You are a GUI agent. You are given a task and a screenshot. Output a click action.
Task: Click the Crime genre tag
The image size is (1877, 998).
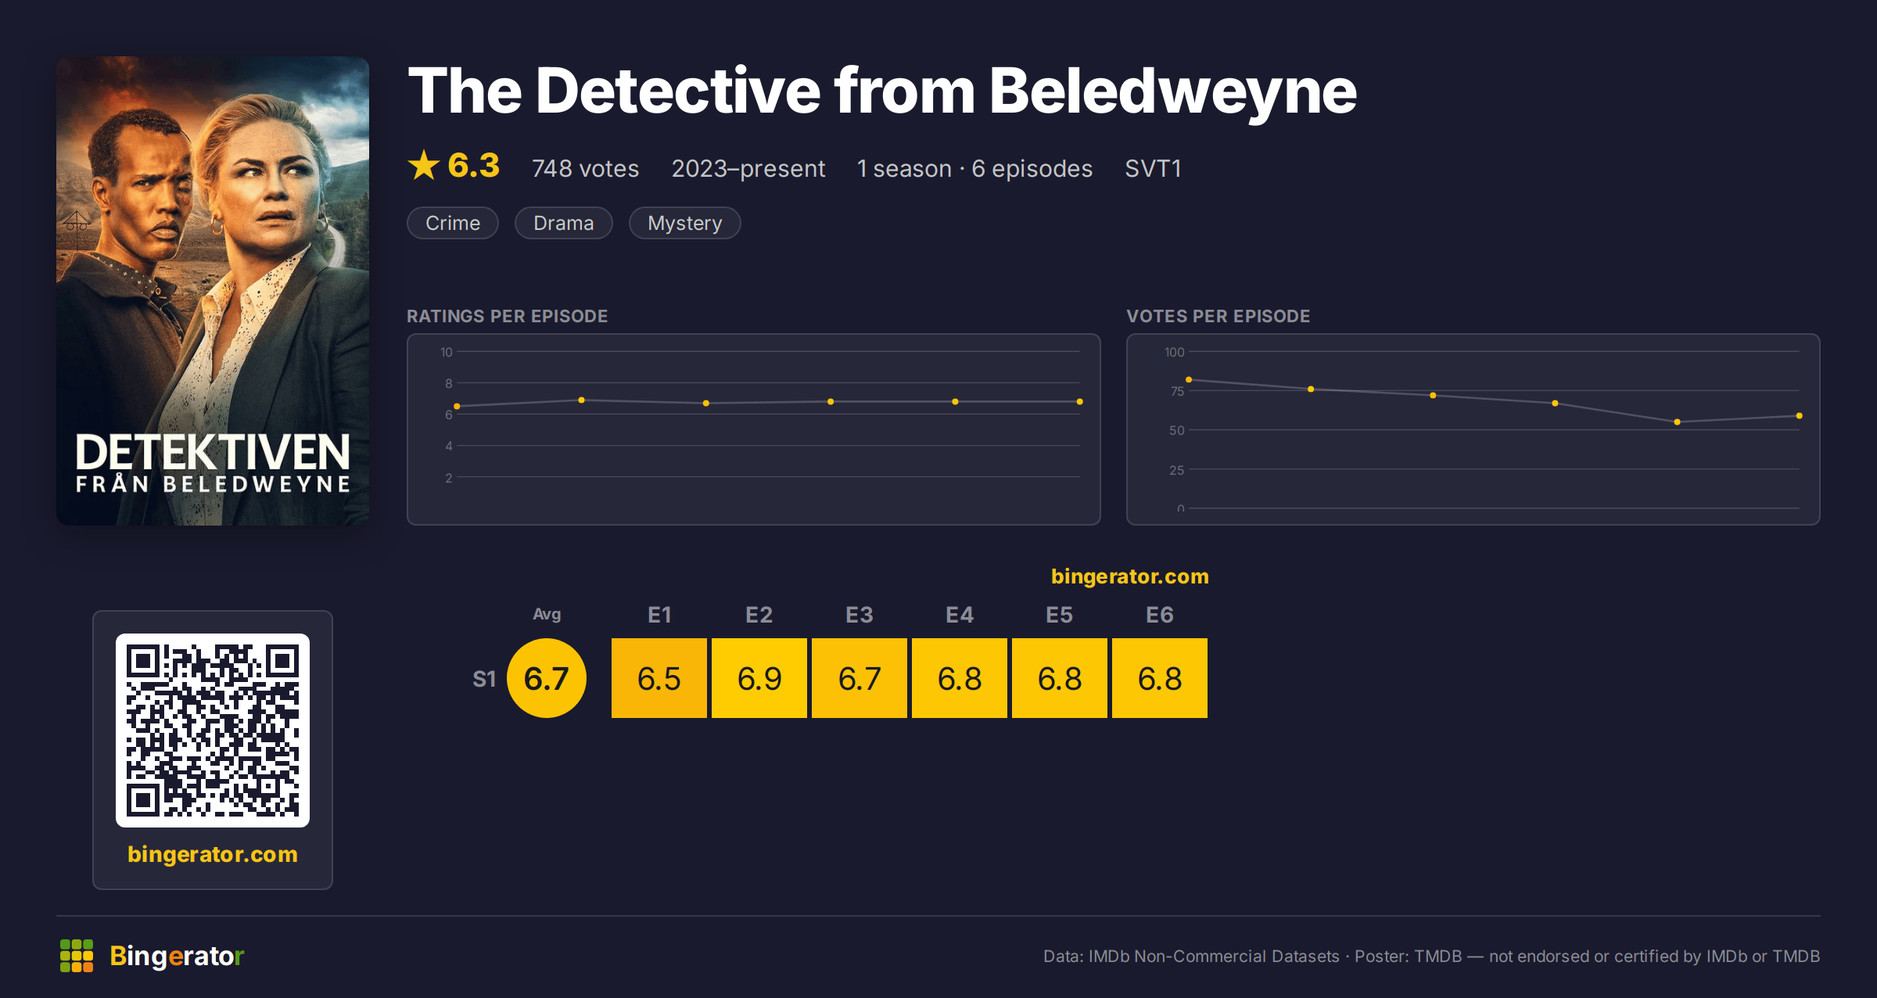pyautogui.click(x=453, y=223)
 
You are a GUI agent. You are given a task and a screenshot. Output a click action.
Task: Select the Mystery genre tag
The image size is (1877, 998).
pyautogui.click(x=684, y=223)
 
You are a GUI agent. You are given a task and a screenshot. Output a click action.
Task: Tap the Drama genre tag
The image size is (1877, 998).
pyautogui.click(x=563, y=223)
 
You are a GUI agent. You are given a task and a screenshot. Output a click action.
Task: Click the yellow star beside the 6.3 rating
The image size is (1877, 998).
pyautogui.click(x=424, y=165)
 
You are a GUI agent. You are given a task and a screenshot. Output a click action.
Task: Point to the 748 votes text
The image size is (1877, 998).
pyautogui.click(x=585, y=168)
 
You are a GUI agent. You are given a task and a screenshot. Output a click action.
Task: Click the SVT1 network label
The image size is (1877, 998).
pyautogui.click(x=1153, y=168)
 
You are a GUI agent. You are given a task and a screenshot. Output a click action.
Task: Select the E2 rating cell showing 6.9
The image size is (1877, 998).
pyautogui.click(x=759, y=678)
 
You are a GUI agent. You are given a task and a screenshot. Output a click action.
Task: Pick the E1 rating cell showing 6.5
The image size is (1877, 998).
pyautogui.click(x=659, y=678)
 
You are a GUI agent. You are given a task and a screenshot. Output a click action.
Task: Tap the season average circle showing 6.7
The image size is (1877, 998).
pyautogui.click(x=547, y=678)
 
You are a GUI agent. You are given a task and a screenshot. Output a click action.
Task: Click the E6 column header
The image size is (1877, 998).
pyautogui.click(x=1160, y=615)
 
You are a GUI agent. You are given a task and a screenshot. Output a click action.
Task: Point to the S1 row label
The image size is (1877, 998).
pyautogui.click(x=484, y=679)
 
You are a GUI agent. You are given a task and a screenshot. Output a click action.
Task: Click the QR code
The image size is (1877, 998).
pyautogui.click(x=213, y=731)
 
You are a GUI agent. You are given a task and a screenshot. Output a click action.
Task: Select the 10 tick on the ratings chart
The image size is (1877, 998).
pyautogui.click(x=447, y=352)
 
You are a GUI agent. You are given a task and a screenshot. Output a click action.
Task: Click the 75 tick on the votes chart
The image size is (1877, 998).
pyautogui.click(x=1177, y=391)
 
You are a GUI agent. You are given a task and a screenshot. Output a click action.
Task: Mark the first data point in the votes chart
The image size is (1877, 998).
pyautogui.click(x=1189, y=379)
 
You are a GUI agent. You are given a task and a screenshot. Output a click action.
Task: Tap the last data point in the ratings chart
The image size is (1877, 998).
pyautogui.click(x=1080, y=401)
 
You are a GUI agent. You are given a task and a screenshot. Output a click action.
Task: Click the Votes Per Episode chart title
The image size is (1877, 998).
pyautogui.click(x=1218, y=316)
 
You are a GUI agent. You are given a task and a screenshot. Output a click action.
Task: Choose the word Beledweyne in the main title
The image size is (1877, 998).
pyautogui.click(x=1173, y=92)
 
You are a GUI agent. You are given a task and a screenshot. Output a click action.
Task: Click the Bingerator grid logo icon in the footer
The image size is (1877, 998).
pyautogui.click(x=77, y=956)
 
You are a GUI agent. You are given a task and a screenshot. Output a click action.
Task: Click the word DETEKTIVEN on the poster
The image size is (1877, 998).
pyautogui.click(x=213, y=452)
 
